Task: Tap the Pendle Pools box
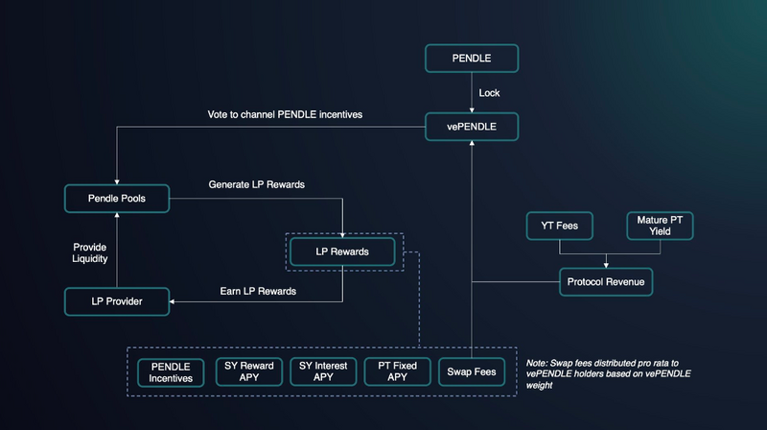(116, 199)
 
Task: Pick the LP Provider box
(116, 300)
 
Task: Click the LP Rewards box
(342, 251)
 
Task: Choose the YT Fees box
(559, 227)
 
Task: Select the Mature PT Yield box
(659, 227)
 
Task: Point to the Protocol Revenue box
(606, 281)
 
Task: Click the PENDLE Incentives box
(171, 372)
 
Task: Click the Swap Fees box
(471, 371)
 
